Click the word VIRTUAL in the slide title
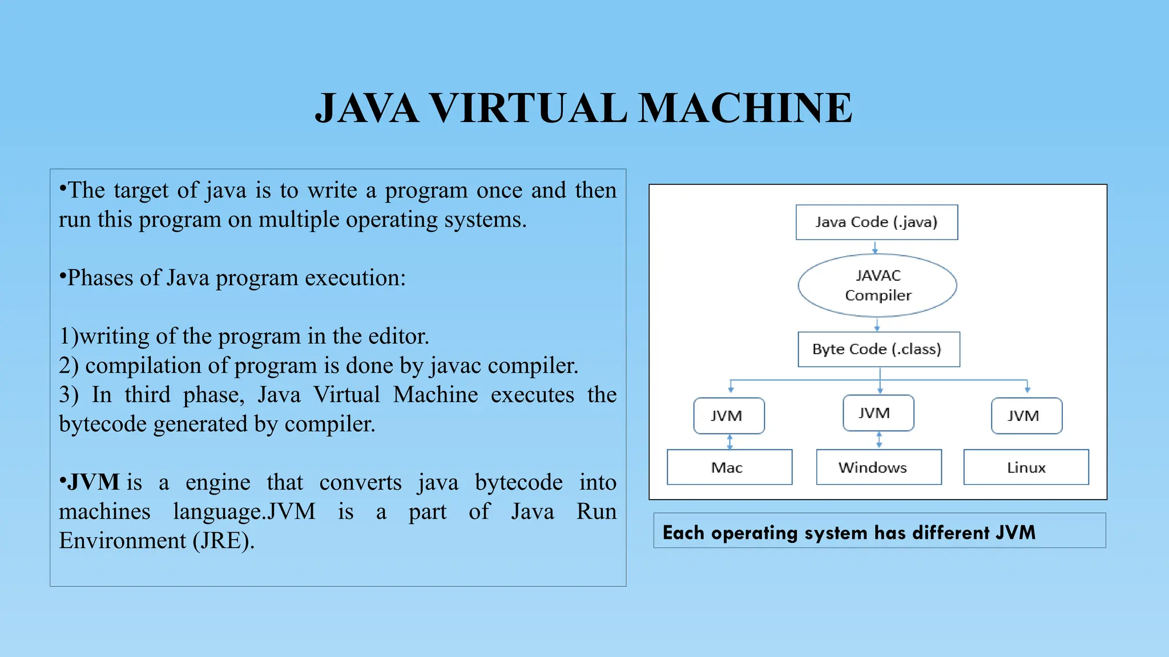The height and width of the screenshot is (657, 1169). pos(528,108)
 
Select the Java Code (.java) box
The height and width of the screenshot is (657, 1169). pos(876,222)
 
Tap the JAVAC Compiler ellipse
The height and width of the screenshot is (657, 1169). pos(877,285)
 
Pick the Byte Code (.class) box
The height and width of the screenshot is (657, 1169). pos(878,349)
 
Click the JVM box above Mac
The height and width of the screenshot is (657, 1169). pos(728,416)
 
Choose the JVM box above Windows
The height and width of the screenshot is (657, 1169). pos(878,413)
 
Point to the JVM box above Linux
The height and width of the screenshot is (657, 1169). pos(1026,416)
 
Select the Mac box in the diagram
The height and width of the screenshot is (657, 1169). pos(729,467)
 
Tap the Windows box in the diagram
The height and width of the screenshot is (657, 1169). pos(878,467)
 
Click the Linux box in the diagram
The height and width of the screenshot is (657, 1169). pos(1026,467)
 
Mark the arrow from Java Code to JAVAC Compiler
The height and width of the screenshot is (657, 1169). pos(874,247)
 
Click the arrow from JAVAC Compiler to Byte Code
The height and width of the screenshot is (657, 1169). pos(877,325)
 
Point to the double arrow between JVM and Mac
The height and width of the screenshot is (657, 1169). pos(729,441)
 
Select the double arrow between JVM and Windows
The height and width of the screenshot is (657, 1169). pos(879,439)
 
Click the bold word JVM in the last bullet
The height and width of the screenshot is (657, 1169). pos(94,482)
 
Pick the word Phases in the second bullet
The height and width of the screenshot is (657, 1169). pos(100,278)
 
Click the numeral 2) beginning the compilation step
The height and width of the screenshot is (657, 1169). pos(68,366)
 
